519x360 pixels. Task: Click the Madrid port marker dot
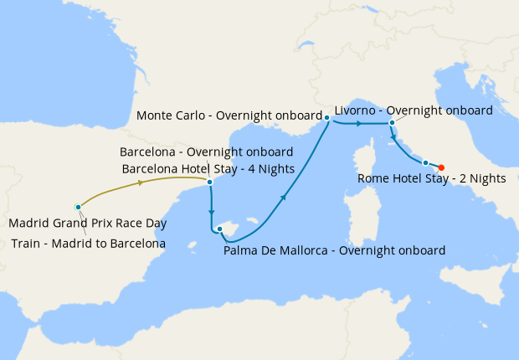(78, 206)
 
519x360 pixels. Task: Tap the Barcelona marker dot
(209, 181)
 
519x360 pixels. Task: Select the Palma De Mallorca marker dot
(218, 229)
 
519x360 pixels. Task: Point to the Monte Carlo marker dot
(326, 118)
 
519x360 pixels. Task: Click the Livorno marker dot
(392, 123)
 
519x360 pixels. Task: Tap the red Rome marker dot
(441, 167)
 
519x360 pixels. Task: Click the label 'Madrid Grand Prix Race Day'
(88, 224)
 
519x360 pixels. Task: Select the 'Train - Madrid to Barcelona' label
(89, 244)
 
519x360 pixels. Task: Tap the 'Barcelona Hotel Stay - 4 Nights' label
(208, 168)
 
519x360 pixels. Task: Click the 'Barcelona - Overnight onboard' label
(206, 152)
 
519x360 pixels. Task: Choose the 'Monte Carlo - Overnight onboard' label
(229, 116)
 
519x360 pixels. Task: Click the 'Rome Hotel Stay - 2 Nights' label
(432, 178)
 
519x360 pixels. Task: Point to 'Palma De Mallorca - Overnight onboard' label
(335, 249)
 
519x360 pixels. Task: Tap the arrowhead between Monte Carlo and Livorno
(359, 124)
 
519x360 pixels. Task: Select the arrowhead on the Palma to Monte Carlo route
(285, 197)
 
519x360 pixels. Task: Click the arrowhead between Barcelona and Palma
(212, 212)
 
